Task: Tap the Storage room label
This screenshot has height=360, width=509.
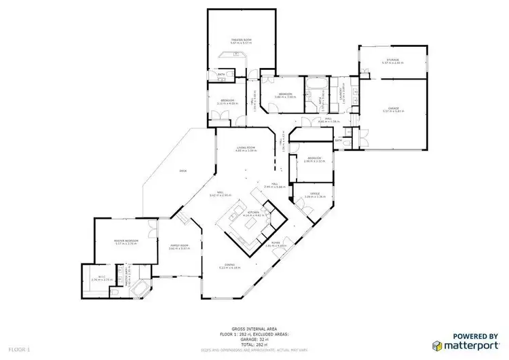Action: [x=393, y=60]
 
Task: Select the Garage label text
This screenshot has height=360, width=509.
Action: [x=393, y=107]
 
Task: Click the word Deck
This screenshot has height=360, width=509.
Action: [x=183, y=170]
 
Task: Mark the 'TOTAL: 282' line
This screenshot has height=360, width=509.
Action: [x=254, y=344]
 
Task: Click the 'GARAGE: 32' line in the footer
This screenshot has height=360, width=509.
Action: [x=254, y=340]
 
